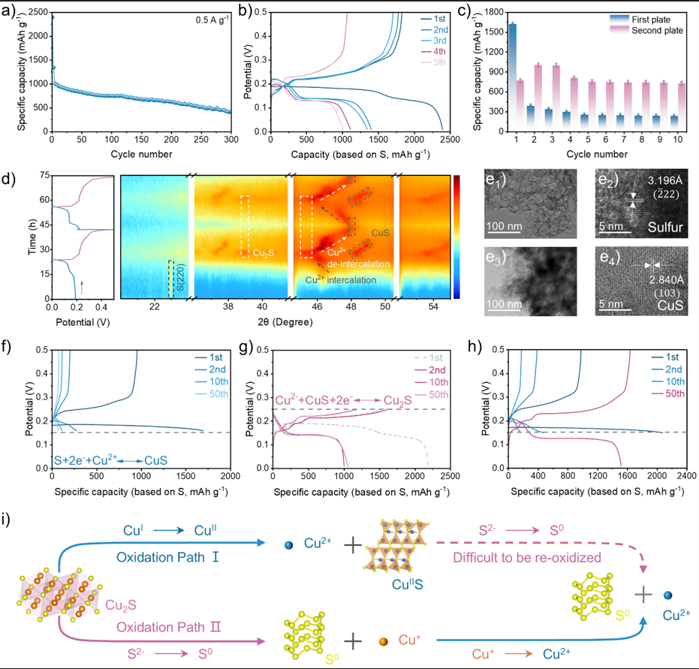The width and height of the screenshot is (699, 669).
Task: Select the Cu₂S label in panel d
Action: point(263,253)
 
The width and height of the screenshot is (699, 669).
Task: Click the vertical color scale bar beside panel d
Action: point(457,237)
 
